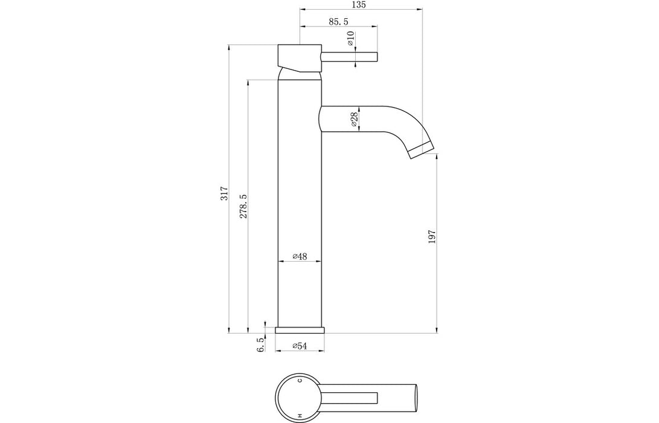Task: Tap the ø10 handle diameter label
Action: click(350, 40)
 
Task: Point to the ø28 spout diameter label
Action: click(355, 118)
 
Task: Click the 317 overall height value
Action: click(223, 193)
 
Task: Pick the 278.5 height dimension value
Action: click(243, 205)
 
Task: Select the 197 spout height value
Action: click(432, 236)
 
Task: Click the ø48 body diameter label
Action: click(300, 257)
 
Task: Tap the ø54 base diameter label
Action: click(300, 346)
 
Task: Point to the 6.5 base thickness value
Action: click(260, 346)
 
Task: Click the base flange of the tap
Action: click(300, 330)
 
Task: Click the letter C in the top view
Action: click(300, 381)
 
